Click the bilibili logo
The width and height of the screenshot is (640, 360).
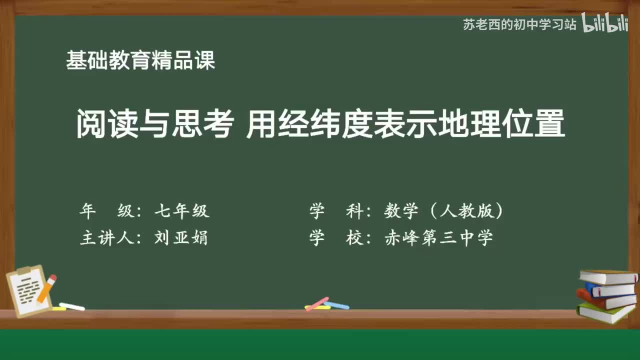tap(604, 24)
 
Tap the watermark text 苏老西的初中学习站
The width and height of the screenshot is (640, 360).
tap(519, 24)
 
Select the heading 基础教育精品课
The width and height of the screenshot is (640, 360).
tap(140, 61)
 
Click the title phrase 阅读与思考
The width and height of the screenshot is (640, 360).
tap(154, 124)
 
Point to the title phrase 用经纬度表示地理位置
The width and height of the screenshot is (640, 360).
tap(405, 124)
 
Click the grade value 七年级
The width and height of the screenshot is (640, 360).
tap(181, 211)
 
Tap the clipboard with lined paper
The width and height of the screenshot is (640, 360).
tap(27, 291)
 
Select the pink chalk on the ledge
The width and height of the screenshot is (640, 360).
tap(317, 303)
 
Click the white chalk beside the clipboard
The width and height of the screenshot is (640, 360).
tap(71, 306)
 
